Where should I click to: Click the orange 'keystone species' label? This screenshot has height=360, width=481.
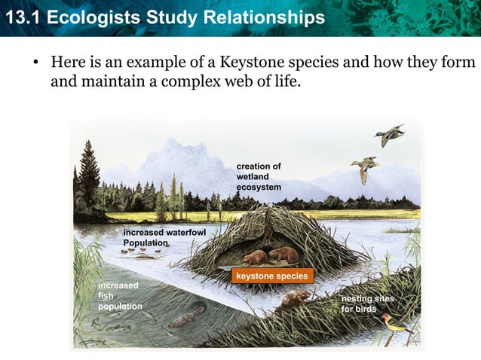(271, 276)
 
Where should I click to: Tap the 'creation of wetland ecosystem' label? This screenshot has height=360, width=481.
(259, 176)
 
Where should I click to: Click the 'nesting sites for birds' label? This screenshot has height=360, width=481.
(367, 304)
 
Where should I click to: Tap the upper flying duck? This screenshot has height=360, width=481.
(389, 136)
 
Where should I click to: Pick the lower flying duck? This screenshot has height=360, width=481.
(364, 168)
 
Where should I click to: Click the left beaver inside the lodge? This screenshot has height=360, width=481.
(255, 258)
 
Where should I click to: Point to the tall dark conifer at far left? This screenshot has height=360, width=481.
(89, 177)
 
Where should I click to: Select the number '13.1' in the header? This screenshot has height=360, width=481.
(18, 17)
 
